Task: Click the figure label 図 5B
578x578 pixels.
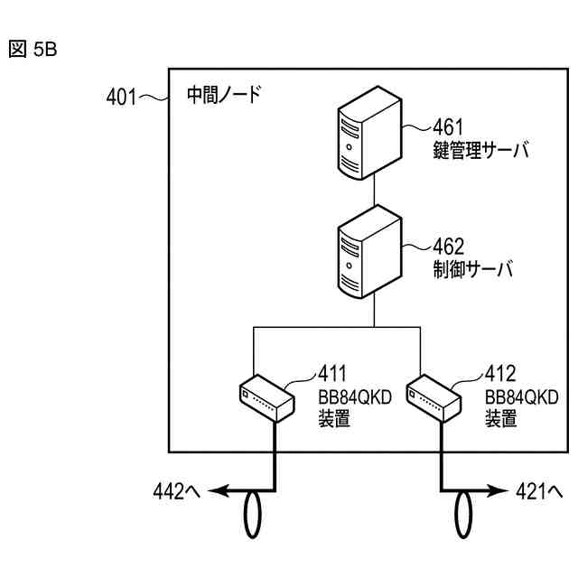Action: click(x=33, y=50)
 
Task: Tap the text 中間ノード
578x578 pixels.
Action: click(x=223, y=94)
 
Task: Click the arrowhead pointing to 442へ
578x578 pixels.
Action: click(x=218, y=491)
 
